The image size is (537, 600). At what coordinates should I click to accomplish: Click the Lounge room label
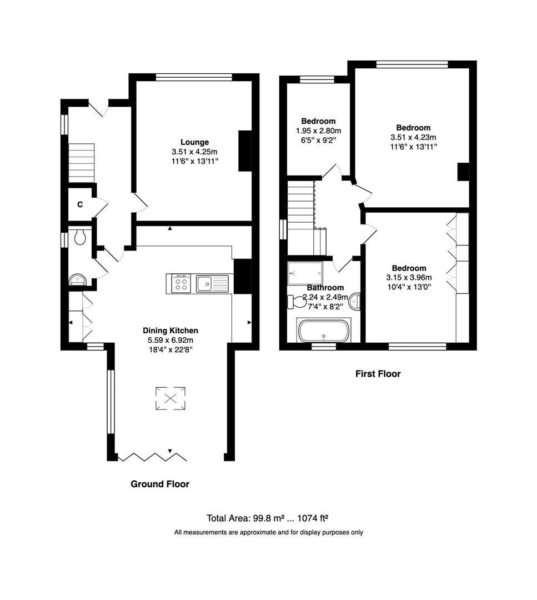194,142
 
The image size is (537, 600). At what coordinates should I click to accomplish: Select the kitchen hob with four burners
180,284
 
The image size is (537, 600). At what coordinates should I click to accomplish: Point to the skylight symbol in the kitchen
170,398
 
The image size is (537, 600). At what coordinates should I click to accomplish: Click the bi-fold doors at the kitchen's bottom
152,457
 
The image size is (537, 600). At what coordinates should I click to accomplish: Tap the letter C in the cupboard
80,204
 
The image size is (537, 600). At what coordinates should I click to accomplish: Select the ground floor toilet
79,237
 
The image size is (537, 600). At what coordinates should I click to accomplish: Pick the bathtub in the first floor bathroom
324,332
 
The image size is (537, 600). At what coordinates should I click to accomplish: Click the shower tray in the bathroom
304,273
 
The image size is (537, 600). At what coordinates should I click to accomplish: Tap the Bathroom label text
325,288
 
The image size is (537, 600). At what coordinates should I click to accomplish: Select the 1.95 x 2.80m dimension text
318,131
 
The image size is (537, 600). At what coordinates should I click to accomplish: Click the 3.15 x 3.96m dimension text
409,278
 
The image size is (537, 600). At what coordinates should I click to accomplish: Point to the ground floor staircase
81,163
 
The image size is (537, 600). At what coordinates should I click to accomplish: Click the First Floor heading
378,374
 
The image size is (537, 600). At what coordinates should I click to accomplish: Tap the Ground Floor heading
160,484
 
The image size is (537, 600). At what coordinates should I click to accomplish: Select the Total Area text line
268,518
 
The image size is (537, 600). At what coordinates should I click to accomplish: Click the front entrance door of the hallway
96,108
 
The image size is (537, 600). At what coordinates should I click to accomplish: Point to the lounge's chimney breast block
244,151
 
